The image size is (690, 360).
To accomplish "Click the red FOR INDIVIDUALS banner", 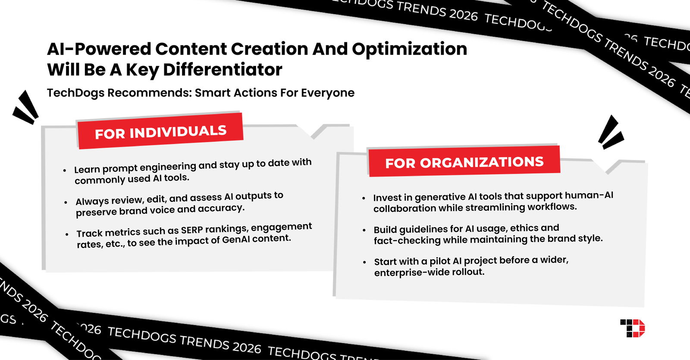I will (x=160, y=131).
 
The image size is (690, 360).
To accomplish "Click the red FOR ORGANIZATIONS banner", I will (x=464, y=162).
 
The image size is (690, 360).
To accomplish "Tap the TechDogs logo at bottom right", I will (x=632, y=328).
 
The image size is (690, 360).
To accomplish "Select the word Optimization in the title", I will (x=409, y=49).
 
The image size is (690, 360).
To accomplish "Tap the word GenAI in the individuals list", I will (x=237, y=240).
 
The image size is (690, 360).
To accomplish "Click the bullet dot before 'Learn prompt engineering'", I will (x=65, y=171).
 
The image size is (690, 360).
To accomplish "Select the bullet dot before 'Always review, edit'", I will (x=66, y=202).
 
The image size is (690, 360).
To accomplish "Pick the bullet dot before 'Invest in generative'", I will (x=364, y=198).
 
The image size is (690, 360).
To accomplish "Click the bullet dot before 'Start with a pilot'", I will (x=364, y=262).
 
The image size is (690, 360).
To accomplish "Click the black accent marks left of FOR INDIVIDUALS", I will (x=26, y=108).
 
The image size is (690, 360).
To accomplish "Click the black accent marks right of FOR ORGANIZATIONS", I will (x=611, y=132).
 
